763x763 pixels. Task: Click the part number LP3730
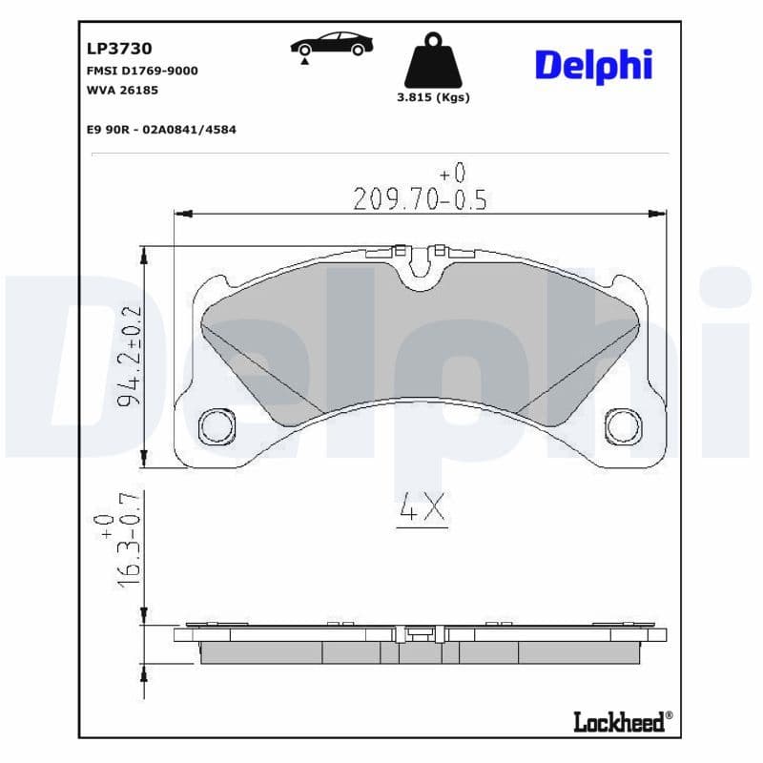119,48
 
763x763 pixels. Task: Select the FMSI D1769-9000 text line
142,71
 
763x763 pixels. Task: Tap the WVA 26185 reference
122,90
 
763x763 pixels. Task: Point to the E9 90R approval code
161,128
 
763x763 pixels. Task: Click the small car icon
331,45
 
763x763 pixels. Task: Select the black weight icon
432,61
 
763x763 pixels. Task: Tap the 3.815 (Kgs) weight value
432,97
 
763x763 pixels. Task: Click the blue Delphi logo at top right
593,65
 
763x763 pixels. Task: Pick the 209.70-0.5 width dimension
420,198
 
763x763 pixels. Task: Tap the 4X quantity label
421,510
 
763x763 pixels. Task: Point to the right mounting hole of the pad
626,424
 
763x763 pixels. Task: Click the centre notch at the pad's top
421,272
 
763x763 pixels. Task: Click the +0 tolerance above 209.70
453,174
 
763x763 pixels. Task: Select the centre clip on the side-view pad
421,633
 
